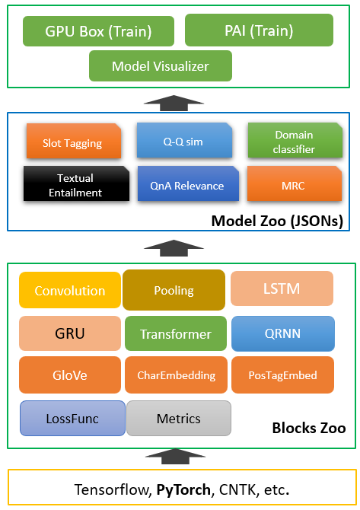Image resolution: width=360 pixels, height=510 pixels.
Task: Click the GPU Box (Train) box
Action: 98,31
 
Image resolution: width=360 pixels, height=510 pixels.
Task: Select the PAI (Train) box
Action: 260,30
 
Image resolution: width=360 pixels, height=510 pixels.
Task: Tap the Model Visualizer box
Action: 161,65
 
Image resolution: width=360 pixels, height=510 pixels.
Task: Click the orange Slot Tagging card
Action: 74,141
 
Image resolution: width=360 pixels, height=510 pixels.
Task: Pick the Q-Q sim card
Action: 184,140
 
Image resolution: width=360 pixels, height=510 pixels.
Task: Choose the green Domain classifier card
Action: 295,140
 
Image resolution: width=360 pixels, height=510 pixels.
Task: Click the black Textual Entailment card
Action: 76,183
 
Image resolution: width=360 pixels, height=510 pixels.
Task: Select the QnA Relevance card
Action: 188,183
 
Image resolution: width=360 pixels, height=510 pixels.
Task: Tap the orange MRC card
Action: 295,183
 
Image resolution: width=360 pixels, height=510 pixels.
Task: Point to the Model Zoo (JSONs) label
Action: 277,221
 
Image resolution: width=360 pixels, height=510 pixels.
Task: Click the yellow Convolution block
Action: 70,290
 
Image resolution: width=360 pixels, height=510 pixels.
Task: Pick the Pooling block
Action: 174,290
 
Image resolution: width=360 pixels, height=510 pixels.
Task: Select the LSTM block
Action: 282,288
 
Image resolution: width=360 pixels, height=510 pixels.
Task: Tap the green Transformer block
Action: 176,333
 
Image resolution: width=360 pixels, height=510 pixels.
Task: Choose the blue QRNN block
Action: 283,333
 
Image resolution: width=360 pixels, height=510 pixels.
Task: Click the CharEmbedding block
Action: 176,375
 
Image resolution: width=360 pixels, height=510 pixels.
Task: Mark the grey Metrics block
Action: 179,419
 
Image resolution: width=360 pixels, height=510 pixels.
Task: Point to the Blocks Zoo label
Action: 309,428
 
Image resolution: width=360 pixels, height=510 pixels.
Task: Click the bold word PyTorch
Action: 183,489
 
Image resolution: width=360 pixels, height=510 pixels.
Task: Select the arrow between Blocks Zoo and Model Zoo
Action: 174,248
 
